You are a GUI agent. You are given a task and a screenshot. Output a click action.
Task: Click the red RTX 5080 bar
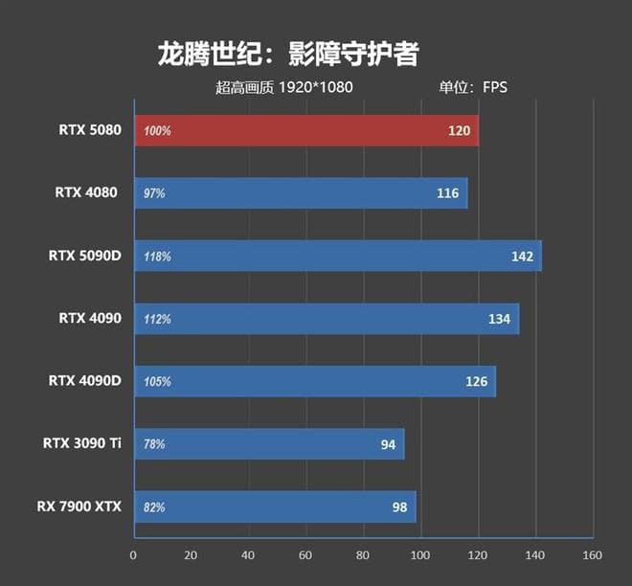306,130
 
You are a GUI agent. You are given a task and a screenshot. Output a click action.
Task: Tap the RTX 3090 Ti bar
269,443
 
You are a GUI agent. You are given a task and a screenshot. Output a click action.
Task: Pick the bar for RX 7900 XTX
275,507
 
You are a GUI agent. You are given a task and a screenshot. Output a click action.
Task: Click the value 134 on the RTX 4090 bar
499,319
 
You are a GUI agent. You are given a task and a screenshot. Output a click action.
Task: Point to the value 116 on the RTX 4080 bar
447,193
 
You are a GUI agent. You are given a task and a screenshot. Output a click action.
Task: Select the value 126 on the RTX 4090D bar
476,382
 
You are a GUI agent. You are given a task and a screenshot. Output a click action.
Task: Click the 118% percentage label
157,257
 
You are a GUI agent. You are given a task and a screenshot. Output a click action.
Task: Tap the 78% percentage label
154,444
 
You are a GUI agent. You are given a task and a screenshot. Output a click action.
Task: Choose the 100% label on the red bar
157,131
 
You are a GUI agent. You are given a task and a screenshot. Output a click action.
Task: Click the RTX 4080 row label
86,192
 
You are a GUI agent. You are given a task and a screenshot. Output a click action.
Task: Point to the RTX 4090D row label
85,380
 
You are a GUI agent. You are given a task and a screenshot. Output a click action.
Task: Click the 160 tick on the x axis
593,555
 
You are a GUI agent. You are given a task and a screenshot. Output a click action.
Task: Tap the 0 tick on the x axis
133,555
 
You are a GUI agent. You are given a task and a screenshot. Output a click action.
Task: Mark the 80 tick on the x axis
363,555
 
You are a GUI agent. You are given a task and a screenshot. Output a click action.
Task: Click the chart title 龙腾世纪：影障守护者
287,54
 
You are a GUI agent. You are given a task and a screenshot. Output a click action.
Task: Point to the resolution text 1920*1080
316,87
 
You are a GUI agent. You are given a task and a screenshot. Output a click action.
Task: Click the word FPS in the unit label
495,87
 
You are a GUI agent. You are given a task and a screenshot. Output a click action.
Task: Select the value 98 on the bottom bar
399,507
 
